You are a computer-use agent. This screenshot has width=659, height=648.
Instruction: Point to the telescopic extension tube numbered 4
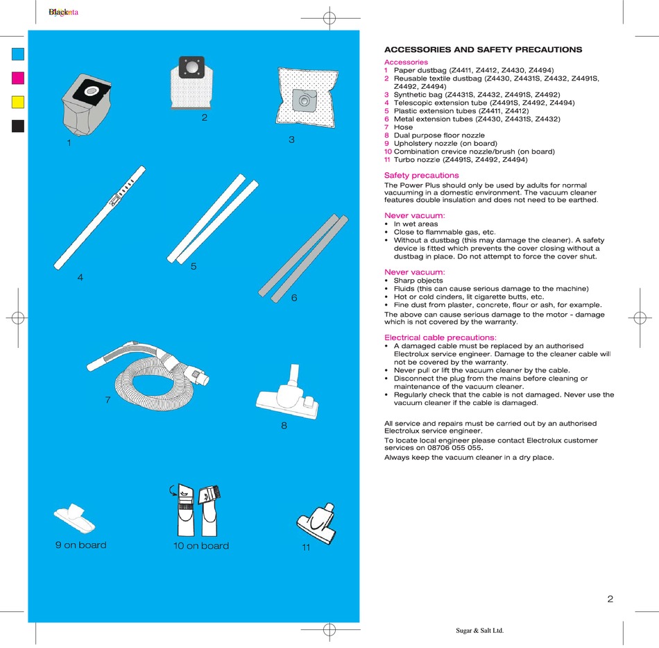pyautogui.click(x=101, y=218)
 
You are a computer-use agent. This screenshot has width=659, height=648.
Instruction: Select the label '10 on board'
pyautogui.click(x=200, y=546)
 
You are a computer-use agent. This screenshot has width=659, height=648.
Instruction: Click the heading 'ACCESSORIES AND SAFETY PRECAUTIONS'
pyautogui.click(x=483, y=50)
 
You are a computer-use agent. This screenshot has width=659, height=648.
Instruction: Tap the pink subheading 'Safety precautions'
pyautogui.click(x=421, y=176)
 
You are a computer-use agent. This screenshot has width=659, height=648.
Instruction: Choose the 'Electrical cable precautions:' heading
pyautogui.click(x=440, y=338)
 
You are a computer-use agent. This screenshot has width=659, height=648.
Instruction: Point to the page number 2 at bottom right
pyautogui.click(x=610, y=599)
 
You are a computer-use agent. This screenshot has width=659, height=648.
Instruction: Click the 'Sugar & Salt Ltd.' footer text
pyautogui.click(x=479, y=631)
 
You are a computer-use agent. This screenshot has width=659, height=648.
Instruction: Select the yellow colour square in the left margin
pyautogui.click(x=18, y=101)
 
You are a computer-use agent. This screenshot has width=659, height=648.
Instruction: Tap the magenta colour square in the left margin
pyautogui.click(x=18, y=77)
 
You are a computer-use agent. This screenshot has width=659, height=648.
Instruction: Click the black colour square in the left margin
pyautogui.click(x=18, y=126)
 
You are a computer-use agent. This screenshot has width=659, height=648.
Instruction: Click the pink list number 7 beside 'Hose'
pyautogui.click(x=386, y=127)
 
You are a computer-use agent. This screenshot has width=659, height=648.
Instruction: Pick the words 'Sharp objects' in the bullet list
pyautogui.click(x=418, y=281)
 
